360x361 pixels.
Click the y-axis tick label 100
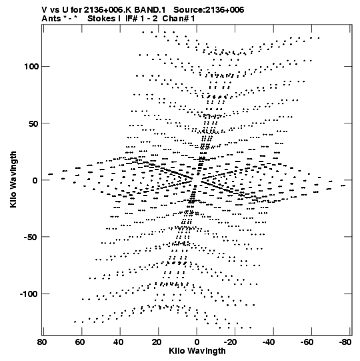[31, 67]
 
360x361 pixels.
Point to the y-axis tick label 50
[33, 123]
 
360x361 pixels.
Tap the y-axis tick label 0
[35, 180]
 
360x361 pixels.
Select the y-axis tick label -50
[31, 237]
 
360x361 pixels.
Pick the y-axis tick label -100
[29, 294]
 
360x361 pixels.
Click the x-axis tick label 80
[41, 342]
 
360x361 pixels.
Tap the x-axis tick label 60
[80, 342]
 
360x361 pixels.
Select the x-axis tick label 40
[118, 342]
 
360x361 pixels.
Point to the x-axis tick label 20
[157, 342]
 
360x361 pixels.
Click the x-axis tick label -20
[231, 342]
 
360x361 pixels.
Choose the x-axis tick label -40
[269, 342]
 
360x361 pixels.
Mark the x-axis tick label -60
[307, 342]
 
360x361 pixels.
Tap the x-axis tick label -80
[345, 342]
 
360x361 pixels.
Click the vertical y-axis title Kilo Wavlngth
[13, 179]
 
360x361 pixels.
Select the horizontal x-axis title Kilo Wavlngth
[197, 351]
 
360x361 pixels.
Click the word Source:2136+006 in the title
[209, 10]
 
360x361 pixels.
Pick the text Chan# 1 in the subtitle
[179, 19]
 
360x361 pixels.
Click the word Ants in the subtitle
[51, 19]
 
